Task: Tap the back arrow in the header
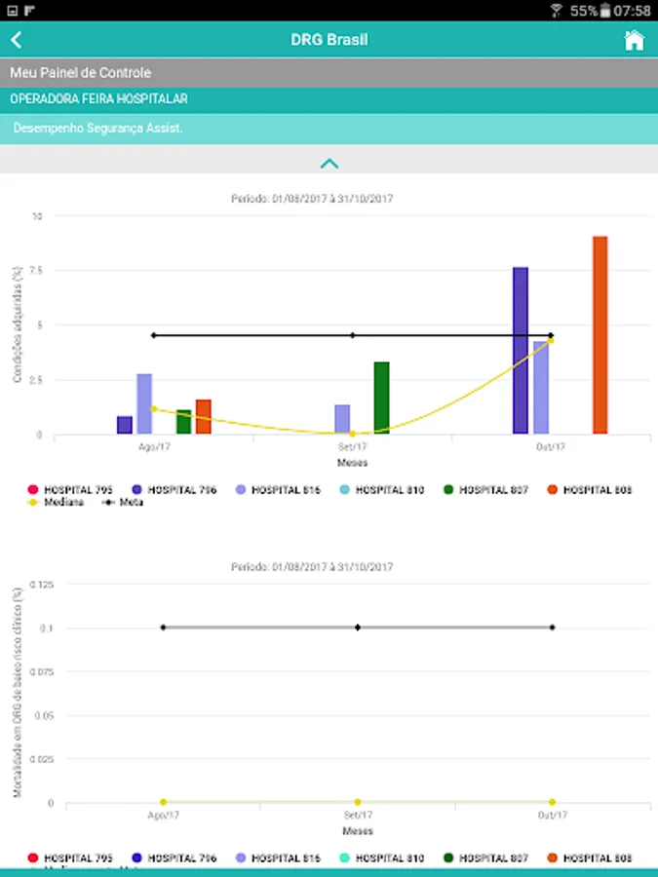[x=17, y=41]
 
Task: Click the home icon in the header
[x=634, y=41]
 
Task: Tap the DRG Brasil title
[x=329, y=41]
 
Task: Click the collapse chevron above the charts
[x=329, y=164]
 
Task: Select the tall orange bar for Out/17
[x=600, y=335]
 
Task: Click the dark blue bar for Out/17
[x=521, y=351]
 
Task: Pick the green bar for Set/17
[x=381, y=398]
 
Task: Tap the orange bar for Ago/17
[x=203, y=417]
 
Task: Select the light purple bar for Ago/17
[x=144, y=403]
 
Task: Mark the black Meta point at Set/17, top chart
[x=353, y=335]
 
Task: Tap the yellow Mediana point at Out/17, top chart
[x=551, y=340]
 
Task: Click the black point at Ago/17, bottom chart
[x=163, y=628]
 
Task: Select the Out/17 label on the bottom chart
[x=552, y=816]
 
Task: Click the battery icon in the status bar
[x=606, y=11]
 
